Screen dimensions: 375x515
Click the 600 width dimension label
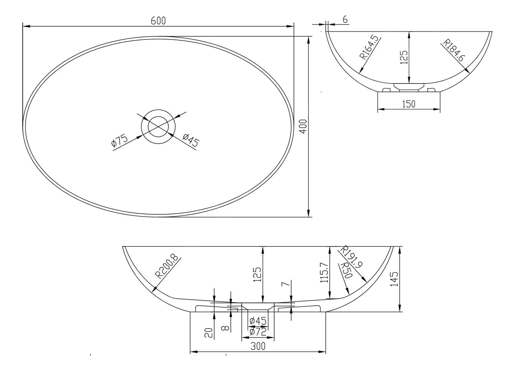click(158, 21)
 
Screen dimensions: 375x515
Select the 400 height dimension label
click(303, 127)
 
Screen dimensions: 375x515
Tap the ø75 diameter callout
click(119, 141)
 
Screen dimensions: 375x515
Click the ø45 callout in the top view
click(191, 140)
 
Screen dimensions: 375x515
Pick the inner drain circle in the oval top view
click(158, 126)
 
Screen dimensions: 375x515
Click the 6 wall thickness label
click(345, 20)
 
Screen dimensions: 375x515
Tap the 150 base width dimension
click(409, 104)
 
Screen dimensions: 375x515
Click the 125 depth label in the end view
click(404, 57)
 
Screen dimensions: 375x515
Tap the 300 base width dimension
click(258, 346)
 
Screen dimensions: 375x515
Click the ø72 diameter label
click(258, 332)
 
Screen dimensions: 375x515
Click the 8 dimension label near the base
click(225, 328)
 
